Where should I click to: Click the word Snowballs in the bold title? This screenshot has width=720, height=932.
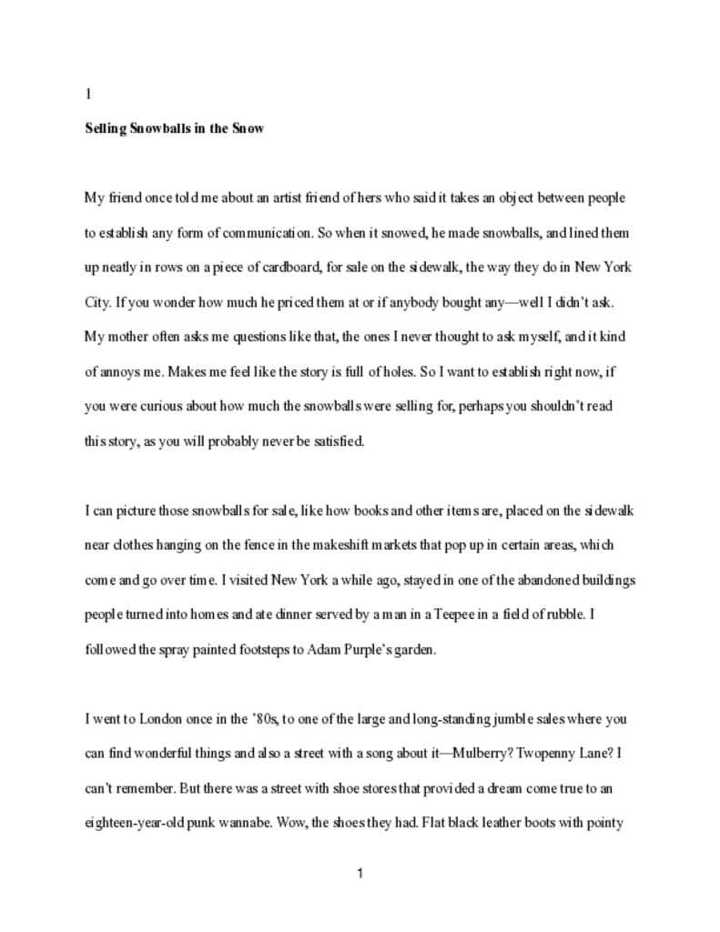(160, 128)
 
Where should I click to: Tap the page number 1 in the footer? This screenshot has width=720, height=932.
(360, 875)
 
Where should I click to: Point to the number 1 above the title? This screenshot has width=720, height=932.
(87, 94)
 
